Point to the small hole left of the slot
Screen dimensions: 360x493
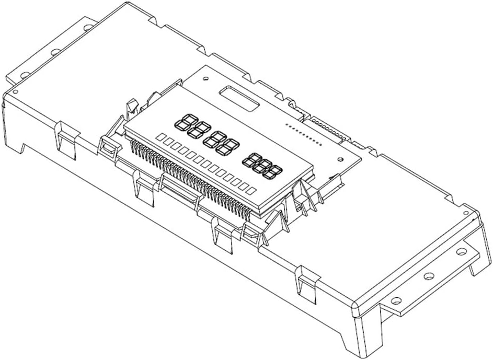point(206,79)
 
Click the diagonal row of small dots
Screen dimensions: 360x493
point(303,134)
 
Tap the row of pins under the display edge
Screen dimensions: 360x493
point(188,180)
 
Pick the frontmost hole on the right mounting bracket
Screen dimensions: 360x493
point(396,301)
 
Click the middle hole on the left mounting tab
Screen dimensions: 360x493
point(55,52)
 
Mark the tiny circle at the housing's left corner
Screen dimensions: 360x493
point(14,91)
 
